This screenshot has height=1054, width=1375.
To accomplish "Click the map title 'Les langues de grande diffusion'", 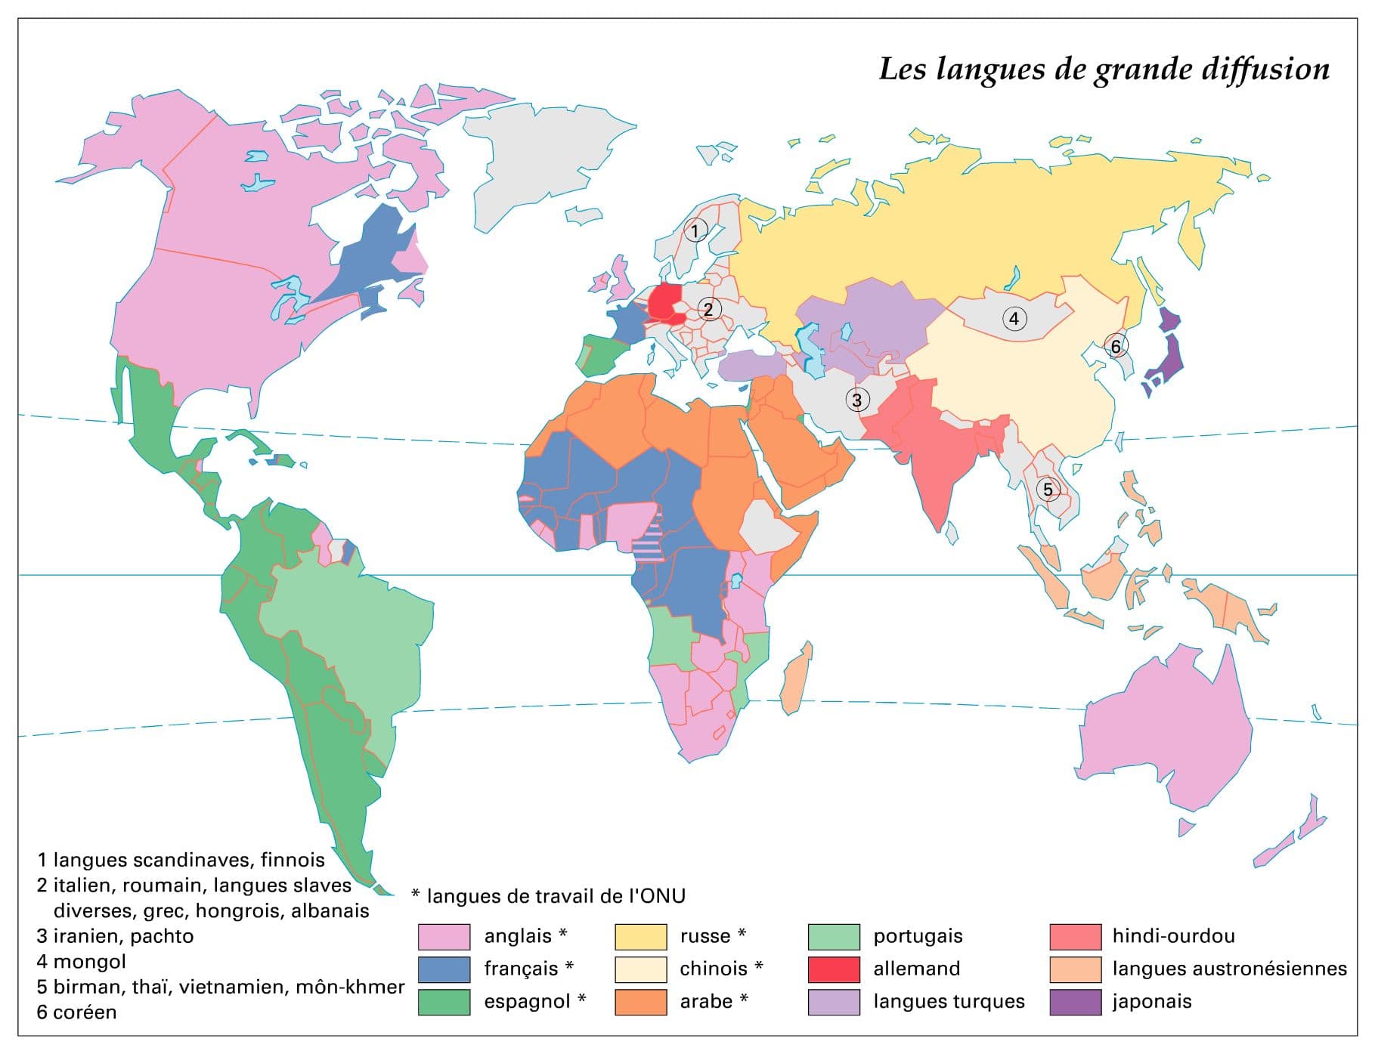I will [x=1104, y=69].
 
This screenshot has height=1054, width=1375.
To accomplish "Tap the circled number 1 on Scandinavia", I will [x=695, y=230].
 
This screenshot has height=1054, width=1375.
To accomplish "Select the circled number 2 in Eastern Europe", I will [x=708, y=309].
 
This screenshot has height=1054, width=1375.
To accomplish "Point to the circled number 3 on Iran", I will [x=856, y=400].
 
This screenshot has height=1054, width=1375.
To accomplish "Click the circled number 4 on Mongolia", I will [x=1014, y=319].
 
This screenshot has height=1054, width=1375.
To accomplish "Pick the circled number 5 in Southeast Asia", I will [x=1048, y=490].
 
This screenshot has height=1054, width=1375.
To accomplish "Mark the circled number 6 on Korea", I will [x=1115, y=347].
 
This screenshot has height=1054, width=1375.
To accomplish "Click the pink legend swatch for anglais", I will [x=444, y=937].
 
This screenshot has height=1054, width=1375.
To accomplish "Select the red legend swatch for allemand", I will [x=834, y=969].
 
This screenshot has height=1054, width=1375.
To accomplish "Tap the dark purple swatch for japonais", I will [x=1075, y=1003].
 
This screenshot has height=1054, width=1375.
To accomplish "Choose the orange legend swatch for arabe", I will [x=640, y=1003].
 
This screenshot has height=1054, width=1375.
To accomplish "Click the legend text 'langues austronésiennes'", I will [x=1229, y=969].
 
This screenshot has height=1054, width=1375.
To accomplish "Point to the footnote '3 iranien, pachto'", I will [x=116, y=936].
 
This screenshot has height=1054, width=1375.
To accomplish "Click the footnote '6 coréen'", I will [x=77, y=1012].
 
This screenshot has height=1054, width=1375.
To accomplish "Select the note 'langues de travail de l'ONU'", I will [x=555, y=896].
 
